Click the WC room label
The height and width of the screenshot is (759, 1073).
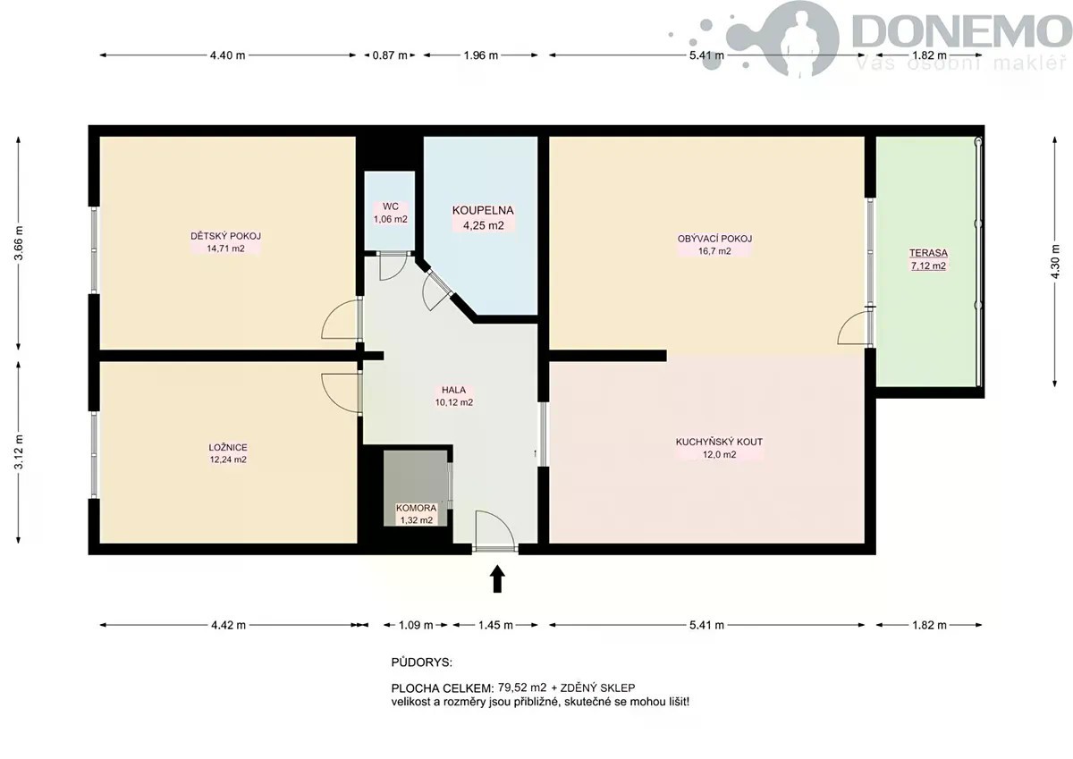pos(391,207)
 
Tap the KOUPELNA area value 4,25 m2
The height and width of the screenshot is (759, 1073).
pos(484,225)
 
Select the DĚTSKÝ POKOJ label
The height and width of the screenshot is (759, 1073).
pos(225,236)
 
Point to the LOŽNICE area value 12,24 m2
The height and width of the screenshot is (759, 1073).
pos(228,460)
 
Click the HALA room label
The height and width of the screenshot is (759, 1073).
pos(453,391)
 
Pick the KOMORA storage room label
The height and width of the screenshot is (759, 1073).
pos(417,508)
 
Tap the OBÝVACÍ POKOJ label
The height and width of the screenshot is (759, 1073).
pos(714,239)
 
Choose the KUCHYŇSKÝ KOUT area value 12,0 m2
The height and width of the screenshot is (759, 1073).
pos(720,454)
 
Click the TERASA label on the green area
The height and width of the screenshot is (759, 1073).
pos(928,253)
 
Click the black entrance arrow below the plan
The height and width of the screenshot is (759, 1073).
pos(498,579)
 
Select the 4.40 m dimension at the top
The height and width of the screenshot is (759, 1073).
pos(227,55)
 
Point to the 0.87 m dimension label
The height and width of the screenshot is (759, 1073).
pos(390,55)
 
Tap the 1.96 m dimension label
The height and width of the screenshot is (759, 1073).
pos(481,55)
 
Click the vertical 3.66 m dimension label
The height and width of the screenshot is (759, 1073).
pos(19,243)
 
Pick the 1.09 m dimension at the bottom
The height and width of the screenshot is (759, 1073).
pos(416,625)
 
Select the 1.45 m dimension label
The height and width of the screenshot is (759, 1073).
pos(495,625)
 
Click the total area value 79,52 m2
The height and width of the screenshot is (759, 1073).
pos(522,687)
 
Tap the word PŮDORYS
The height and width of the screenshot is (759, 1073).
pos(421,662)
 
